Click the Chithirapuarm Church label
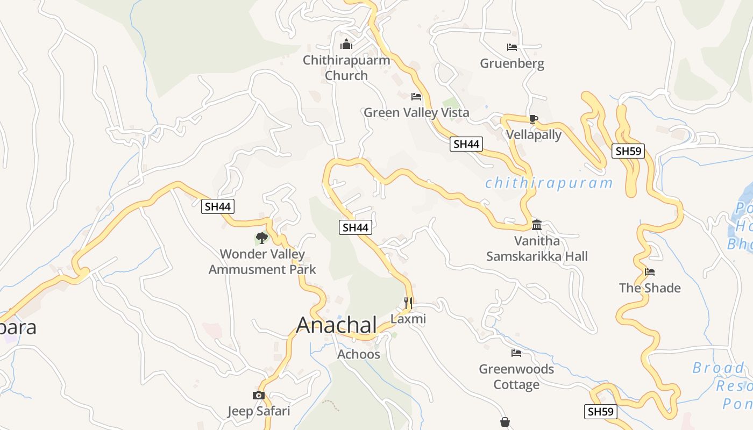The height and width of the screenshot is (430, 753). [x=346, y=68]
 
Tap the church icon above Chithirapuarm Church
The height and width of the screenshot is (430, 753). [x=346, y=44]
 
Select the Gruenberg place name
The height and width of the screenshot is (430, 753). [x=512, y=63]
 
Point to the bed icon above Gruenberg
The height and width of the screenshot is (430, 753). [x=512, y=47]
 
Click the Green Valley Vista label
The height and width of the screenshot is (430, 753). [x=416, y=112]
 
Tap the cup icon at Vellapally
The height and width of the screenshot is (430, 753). [x=533, y=119]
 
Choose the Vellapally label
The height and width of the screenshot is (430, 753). [x=534, y=134]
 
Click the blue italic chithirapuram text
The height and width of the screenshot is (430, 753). [x=549, y=183]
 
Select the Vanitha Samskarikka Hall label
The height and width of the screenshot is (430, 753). [x=537, y=248]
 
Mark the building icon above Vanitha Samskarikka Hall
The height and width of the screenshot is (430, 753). [x=537, y=225]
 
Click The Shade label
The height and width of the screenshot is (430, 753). [x=650, y=288]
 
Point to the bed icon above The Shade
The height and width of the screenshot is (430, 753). [x=650, y=272]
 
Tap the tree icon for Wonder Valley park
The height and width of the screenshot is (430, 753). [x=262, y=238]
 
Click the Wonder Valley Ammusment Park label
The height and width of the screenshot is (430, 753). [x=262, y=261]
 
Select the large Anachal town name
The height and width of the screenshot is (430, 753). [x=337, y=325]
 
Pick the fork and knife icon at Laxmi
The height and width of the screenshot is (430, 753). [x=408, y=303]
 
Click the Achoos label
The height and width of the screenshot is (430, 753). [x=359, y=354]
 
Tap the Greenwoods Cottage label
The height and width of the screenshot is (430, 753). [x=516, y=377]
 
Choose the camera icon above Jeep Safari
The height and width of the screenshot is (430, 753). [x=259, y=396]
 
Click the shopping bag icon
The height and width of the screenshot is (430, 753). [x=505, y=422]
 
